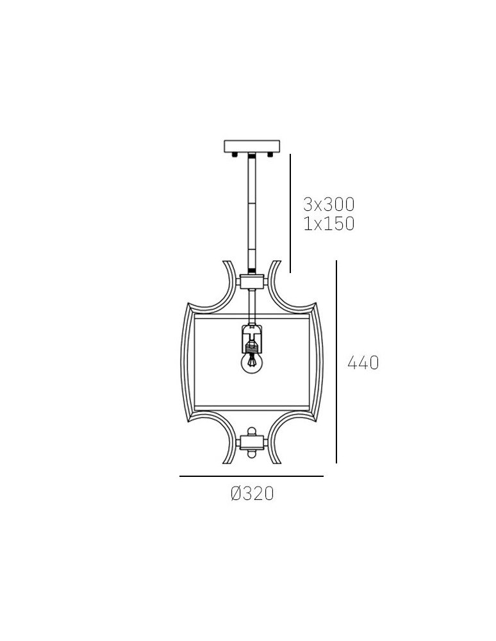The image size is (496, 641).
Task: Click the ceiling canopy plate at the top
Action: tap(252, 146)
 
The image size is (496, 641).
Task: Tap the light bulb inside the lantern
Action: tap(252, 363)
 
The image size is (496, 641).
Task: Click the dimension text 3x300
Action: tap(329, 204)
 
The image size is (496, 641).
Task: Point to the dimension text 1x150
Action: tap(329, 224)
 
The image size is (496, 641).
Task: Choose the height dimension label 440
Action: tap(363, 363)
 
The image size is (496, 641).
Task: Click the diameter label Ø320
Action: tap(252, 494)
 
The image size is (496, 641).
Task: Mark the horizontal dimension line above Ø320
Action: tap(251, 476)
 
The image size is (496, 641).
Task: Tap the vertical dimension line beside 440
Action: tap(337, 362)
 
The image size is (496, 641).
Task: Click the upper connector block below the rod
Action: tap(252, 281)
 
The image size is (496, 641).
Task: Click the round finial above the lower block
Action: tap(252, 430)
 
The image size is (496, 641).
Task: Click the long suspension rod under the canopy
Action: tap(252, 212)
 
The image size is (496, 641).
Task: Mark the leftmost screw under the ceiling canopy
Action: tap(235, 154)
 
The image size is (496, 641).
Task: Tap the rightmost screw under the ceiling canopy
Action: tap(270, 154)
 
